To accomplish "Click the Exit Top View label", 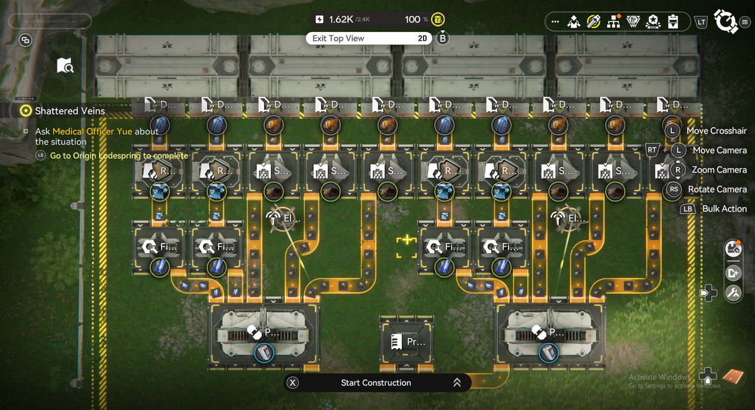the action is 338,38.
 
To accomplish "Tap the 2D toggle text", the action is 422,38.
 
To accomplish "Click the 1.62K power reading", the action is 340,19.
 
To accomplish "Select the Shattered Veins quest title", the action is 70,111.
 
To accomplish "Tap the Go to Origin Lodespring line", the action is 119,156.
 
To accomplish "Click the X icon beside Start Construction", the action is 292,383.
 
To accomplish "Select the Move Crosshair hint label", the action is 716,131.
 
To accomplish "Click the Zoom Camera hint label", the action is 719,170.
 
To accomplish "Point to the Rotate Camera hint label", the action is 717,189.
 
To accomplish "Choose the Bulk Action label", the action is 724,209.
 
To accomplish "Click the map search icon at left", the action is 65,65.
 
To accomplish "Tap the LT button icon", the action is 701,22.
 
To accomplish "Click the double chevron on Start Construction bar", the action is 457,383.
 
